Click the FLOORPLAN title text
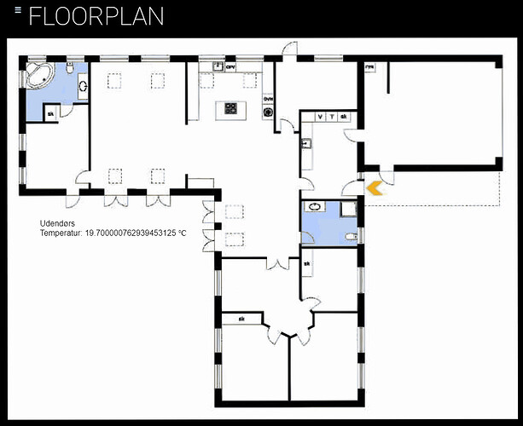pos(96,16)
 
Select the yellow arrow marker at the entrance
pos(375,189)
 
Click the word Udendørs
pos(57,223)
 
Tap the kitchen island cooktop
pos(230,108)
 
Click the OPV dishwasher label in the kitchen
pos(230,66)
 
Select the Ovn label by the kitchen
pos(267,99)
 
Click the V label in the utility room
pos(320,116)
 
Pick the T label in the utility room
pos(331,116)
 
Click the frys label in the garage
pos(370,66)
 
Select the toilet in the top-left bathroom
pos(82,85)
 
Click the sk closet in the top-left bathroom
pos(50,114)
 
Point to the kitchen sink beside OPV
pos(218,66)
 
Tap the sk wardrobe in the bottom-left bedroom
pos(241,319)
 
